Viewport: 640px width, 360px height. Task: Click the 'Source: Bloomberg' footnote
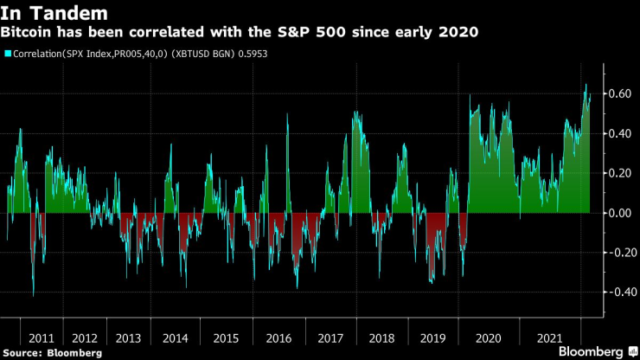pyautogui.click(x=52, y=352)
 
